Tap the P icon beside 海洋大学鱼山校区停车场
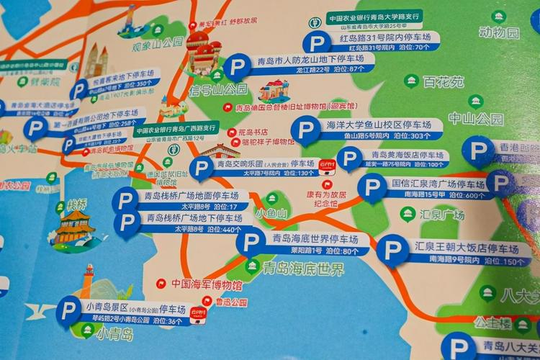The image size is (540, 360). coord(305,130)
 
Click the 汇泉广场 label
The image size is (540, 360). coord(443,214)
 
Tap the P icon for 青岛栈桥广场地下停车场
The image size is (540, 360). coord(127,222)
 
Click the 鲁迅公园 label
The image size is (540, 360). coord(230,302)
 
